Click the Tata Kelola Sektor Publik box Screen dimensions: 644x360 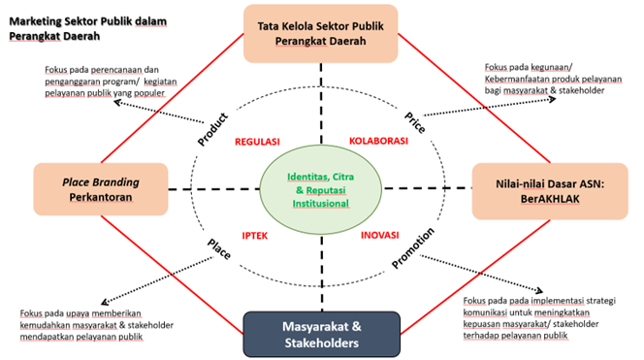(x=321, y=34)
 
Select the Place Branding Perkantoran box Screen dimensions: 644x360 (x=101, y=189)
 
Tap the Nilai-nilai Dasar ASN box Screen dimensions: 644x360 (x=550, y=191)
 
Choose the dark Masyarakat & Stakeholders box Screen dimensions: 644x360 (x=322, y=334)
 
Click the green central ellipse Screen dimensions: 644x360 (x=321, y=189)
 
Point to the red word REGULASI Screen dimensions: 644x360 (x=257, y=142)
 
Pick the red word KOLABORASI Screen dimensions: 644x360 (x=378, y=141)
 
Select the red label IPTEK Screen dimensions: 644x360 (x=255, y=236)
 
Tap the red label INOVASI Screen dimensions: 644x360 (x=380, y=235)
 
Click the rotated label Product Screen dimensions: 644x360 (x=212, y=129)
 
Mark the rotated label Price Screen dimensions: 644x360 (x=415, y=122)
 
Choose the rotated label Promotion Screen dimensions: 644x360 (x=413, y=247)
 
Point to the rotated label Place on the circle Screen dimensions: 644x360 (x=219, y=249)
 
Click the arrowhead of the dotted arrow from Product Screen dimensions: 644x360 (x=115, y=102)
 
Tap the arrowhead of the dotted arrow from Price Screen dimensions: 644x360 (x=554, y=99)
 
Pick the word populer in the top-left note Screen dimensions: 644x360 (x=149, y=93)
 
